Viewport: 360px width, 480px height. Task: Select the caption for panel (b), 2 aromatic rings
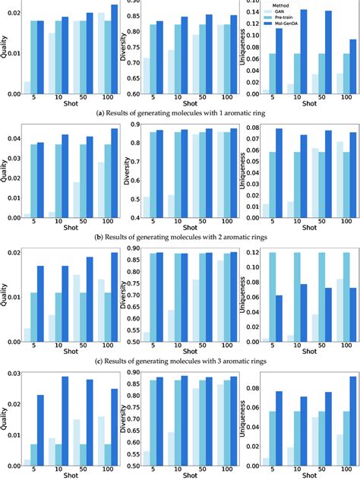[179, 236]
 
